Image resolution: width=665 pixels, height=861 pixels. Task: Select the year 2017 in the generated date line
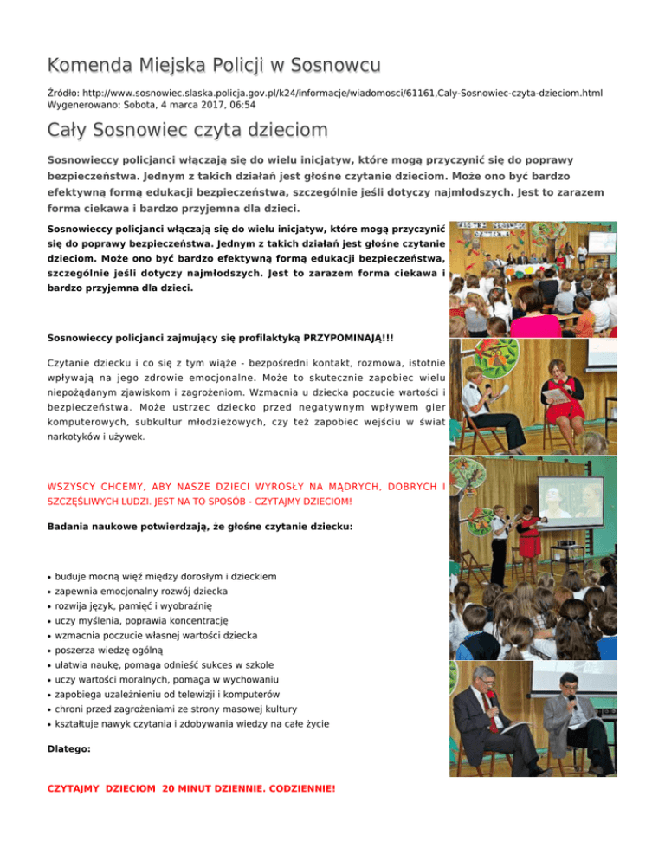click(179, 104)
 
